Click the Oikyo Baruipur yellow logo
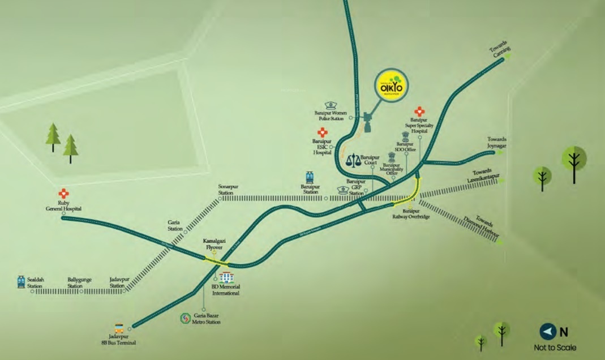point(392,86)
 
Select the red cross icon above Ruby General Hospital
point(63,194)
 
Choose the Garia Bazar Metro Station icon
point(185,319)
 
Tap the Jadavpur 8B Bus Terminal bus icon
point(119,328)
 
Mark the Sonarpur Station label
point(226,190)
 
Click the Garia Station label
point(175,226)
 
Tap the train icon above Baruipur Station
point(310,177)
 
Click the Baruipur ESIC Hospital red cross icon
point(322,132)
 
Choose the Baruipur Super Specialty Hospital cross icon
point(419,112)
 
